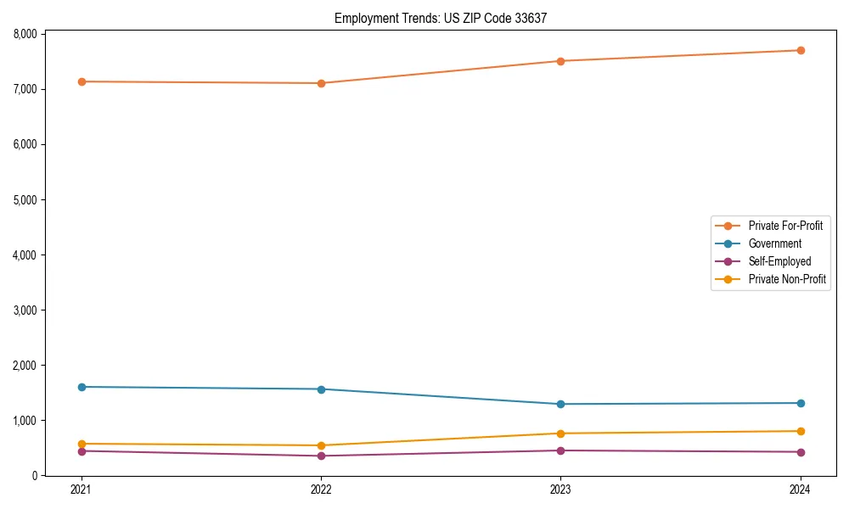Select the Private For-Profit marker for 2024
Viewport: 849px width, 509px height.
pyautogui.click(x=801, y=50)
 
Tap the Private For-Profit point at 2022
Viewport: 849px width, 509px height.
pyautogui.click(x=321, y=83)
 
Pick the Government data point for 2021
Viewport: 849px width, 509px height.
pyautogui.click(x=82, y=387)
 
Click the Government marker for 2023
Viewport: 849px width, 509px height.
pyautogui.click(x=560, y=404)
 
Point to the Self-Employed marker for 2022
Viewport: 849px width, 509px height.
pyautogui.click(x=321, y=456)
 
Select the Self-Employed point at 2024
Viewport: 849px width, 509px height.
pyautogui.click(x=801, y=451)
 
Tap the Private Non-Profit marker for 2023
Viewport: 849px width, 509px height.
pyautogui.click(x=560, y=433)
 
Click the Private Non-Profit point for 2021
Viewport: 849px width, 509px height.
pyautogui.click(x=82, y=444)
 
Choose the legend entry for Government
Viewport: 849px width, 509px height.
pyautogui.click(x=774, y=243)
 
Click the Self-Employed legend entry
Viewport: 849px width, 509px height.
pyautogui.click(x=779, y=261)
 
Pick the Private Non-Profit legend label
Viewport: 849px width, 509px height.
pyautogui.click(x=787, y=279)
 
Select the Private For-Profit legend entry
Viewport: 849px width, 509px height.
pyautogui.click(x=785, y=226)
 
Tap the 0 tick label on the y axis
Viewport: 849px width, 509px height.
pyautogui.click(x=35, y=476)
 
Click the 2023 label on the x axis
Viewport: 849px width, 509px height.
pyautogui.click(x=560, y=489)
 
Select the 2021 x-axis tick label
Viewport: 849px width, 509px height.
pyautogui.click(x=82, y=489)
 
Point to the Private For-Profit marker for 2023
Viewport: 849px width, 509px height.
pyautogui.click(x=560, y=61)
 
